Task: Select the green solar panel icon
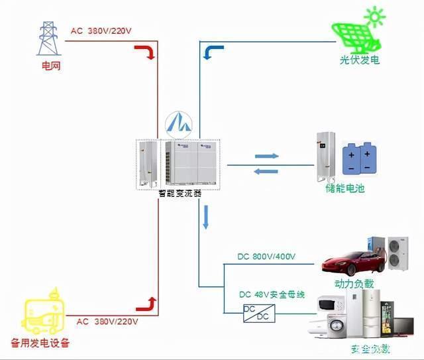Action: coord(354,32)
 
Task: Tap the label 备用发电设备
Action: coord(40,343)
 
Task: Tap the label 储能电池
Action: coord(345,188)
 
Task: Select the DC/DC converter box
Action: coord(256,312)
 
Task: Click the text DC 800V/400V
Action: coord(266,257)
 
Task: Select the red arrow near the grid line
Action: coord(146,52)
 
